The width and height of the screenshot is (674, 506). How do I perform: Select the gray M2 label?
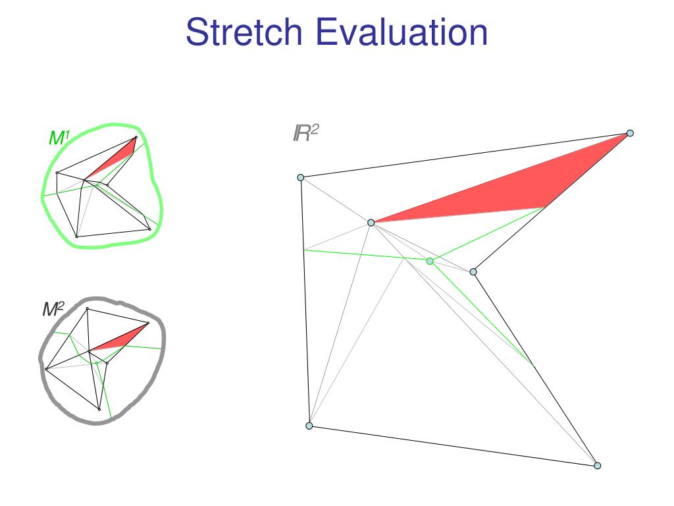[x=53, y=310]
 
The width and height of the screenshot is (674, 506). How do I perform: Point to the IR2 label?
[x=305, y=134]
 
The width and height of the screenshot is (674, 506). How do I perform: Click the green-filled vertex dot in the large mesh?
[x=430, y=262]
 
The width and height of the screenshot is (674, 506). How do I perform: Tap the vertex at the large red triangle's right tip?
[x=630, y=133]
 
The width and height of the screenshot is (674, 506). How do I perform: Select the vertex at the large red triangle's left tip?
[x=371, y=223]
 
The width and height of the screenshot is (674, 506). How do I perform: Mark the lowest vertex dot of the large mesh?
[x=598, y=466]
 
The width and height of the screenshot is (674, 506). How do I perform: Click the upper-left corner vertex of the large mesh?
[x=301, y=177]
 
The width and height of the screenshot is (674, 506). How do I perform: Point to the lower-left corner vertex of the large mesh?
[x=309, y=426]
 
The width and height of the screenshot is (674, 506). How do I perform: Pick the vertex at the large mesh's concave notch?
[x=473, y=271]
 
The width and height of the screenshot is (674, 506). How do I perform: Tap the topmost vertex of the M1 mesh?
[x=136, y=138]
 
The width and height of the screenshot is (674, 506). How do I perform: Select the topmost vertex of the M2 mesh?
[x=88, y=308]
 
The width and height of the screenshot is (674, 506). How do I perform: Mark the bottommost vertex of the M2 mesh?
[x=99, y=409]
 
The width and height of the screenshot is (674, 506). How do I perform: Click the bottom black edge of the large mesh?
[x=454, y=446]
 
